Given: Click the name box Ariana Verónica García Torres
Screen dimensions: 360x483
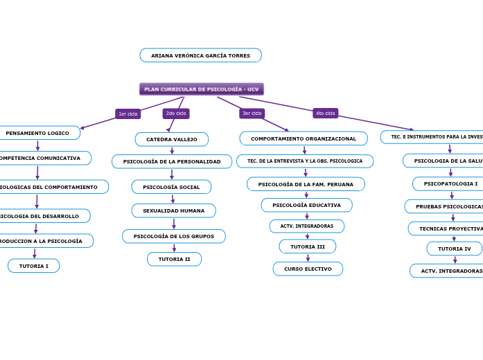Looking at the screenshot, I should [x=200, y=55].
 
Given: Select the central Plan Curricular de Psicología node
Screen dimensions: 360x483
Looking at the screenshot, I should [x=201, y=89].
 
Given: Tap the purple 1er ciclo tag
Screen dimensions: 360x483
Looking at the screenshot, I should [x=128, y=114].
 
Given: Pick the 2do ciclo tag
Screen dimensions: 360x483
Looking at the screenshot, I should [x=176, y=113].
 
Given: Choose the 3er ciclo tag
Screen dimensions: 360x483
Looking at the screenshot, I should [x=252, y=113].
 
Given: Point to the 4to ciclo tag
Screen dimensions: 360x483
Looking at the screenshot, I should [x=325, y=113].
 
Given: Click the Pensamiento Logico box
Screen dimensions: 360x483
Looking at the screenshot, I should [x=37, y=133].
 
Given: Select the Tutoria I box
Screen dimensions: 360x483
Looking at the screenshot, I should [x=34, y=266].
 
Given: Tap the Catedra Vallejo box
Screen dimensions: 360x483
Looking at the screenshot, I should [x=171, y=139].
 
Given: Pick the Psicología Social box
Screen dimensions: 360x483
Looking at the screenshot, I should [x=171, y=187].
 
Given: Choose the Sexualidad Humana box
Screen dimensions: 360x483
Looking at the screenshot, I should [x=173, y=210].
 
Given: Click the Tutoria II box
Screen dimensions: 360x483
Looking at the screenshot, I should [x=174, y=259].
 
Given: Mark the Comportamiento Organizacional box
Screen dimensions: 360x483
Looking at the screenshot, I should [x=304, y=138].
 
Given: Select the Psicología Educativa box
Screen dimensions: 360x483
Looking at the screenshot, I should [x=306, y=205].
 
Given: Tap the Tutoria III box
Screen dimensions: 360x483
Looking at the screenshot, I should [x=307, y=246].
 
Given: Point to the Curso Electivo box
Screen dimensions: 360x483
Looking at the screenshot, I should [x=308, y=269].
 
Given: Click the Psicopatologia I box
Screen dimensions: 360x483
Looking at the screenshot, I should [x=450, y=183].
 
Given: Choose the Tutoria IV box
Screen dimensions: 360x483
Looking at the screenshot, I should [x=454, y=249].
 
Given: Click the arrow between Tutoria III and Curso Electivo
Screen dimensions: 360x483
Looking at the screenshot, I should [x=308, y=258].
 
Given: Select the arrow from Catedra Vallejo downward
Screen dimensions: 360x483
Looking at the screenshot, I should [x=172, y=150].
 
